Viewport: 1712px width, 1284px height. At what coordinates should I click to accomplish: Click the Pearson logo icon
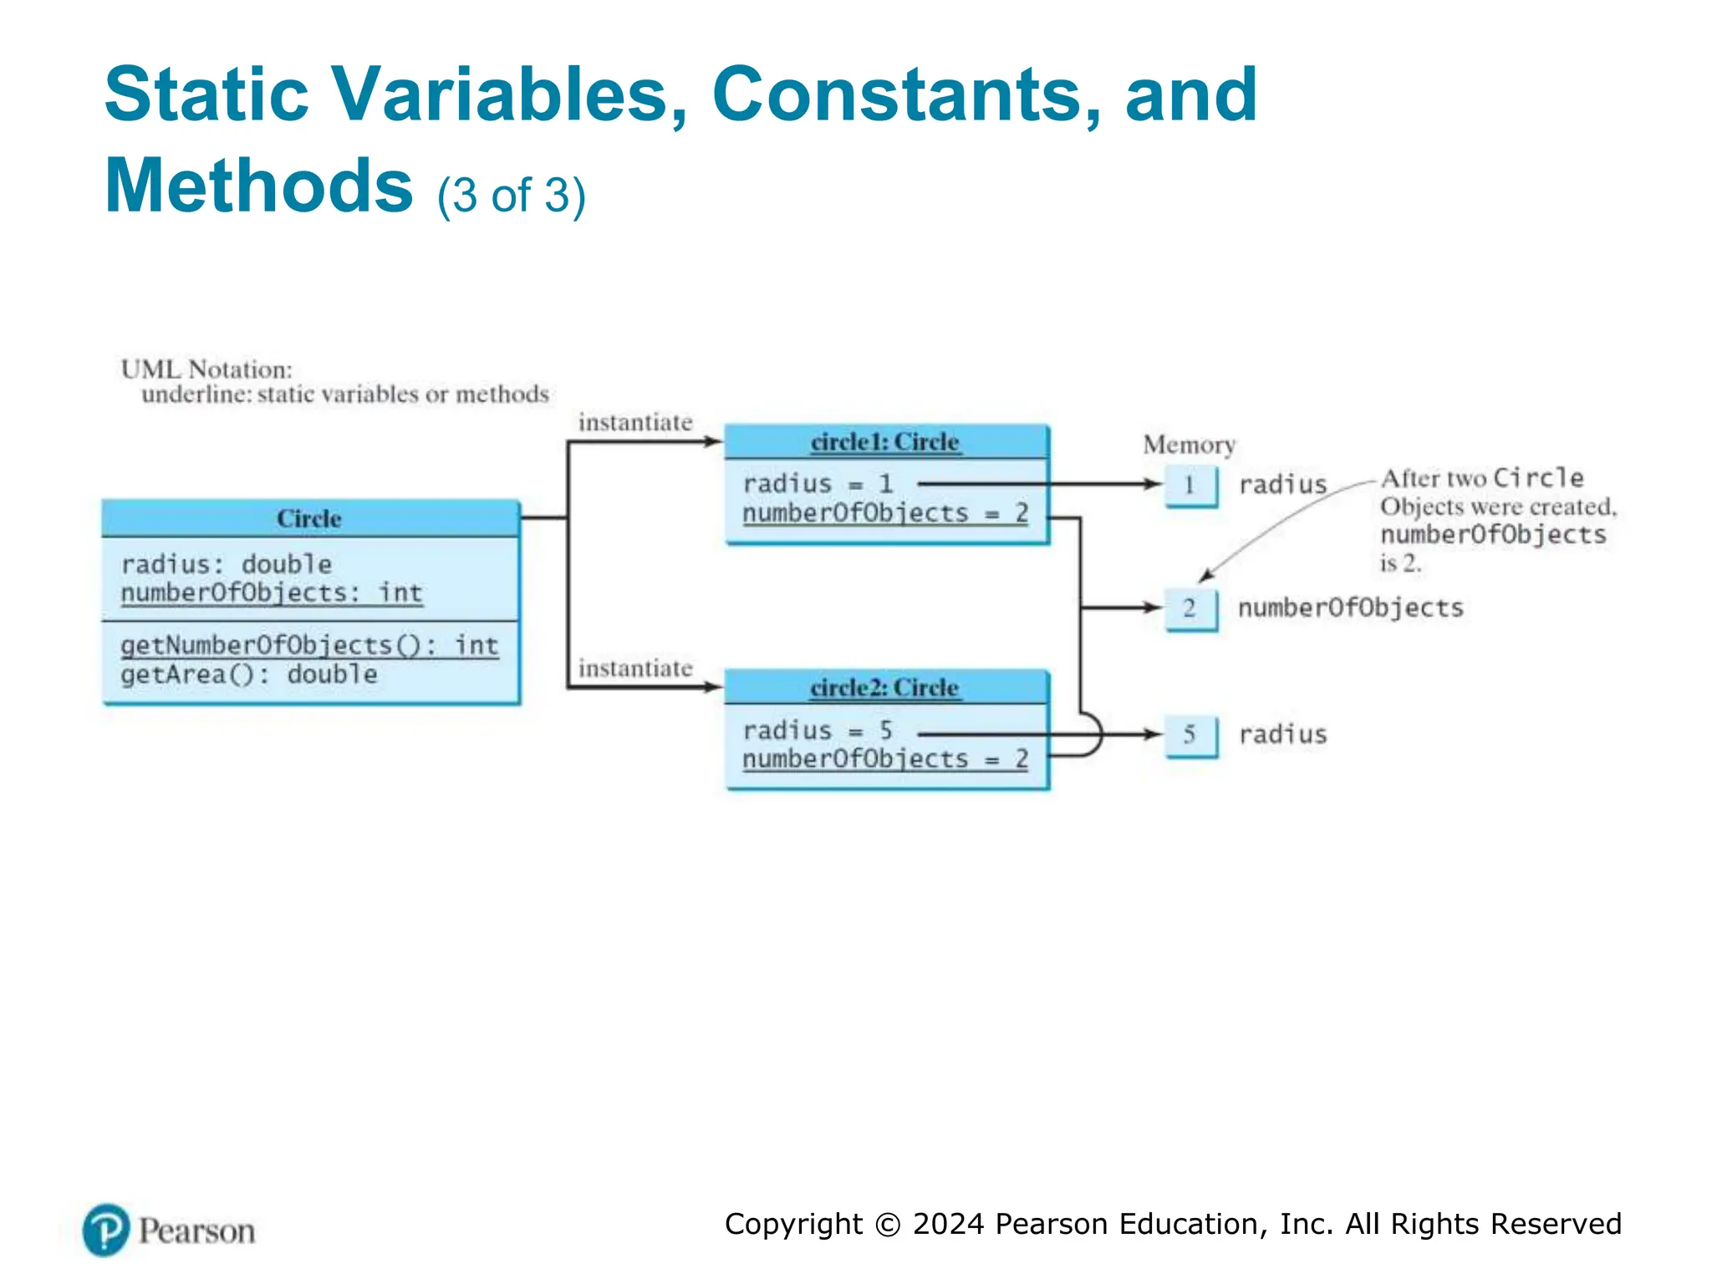pos(106,1230)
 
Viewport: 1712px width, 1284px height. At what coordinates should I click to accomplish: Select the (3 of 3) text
pos(511,196)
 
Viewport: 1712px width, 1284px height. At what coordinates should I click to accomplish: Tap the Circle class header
pos(310,519)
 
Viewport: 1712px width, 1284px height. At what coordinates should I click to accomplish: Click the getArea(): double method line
pos(249,675)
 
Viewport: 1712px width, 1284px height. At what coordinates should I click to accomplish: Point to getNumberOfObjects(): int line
pos(309,645)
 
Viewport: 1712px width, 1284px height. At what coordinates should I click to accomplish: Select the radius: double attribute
pos(227,564)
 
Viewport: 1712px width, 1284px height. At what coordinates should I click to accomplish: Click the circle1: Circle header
pos(885,442)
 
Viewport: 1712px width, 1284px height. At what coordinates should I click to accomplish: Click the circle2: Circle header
pos(885,688)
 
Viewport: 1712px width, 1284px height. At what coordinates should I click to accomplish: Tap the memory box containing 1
pos(1190,486)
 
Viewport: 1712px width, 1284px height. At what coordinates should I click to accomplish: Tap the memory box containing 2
pos(1190,609)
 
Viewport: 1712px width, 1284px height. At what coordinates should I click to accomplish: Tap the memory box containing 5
pos(1190,735)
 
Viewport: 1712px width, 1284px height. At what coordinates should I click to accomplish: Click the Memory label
pos(1189,445)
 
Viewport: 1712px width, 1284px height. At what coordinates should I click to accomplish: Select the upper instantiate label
pos(635,423)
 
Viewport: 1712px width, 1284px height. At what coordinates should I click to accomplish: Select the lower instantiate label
pos(635,669)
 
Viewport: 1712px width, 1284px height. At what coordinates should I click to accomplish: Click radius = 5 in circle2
pos(818,731)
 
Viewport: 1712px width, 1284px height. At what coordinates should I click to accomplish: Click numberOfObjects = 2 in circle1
pos(885,513)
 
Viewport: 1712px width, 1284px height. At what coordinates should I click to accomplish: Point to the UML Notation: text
pos(206,369)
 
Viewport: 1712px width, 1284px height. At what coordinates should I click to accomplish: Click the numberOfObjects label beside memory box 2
pos(1350,608)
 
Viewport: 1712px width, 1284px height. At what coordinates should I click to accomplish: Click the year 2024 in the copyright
pos(949,1224)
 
